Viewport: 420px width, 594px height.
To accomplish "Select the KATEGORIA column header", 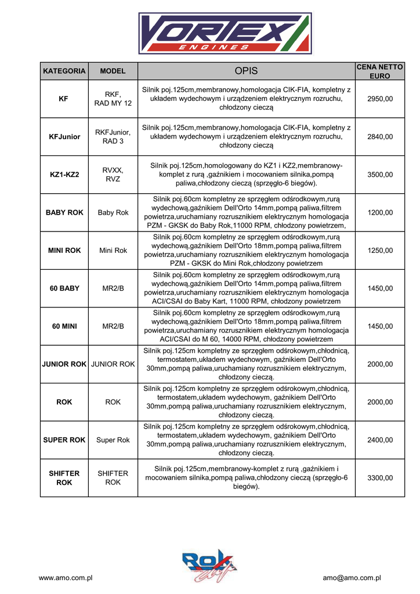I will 64,71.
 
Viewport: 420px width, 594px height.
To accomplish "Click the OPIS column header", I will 246,71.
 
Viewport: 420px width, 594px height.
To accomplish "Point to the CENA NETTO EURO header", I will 380,71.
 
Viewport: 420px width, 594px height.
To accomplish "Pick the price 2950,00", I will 380,99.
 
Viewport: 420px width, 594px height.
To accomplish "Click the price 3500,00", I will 380,175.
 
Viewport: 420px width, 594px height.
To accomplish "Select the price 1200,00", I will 380,213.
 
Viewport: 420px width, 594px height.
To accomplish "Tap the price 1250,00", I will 380,251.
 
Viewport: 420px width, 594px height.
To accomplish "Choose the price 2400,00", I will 380,440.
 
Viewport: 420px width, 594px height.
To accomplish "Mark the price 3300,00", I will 380,478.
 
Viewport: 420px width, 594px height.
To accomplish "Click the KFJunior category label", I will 64,137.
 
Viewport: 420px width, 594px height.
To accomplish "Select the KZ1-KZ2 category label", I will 64,175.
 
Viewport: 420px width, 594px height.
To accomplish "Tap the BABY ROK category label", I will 64,213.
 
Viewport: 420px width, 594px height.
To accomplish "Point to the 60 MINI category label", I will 64,327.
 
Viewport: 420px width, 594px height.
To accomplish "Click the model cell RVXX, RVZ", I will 113,175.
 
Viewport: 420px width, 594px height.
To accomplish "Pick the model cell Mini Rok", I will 113,251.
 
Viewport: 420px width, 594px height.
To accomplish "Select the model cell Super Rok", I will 113,440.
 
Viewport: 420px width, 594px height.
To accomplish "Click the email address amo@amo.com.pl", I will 352,578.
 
